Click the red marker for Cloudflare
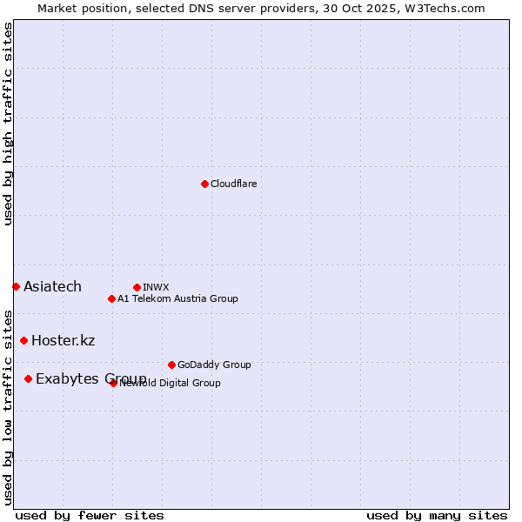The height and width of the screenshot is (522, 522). point(204,184)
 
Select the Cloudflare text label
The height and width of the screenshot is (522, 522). point(233,184)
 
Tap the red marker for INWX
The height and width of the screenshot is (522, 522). point(137,287)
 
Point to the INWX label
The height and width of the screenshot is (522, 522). point(156,288)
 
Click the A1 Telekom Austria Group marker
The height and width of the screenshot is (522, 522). point(111,298)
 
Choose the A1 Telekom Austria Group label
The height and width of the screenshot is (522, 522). point(177,299)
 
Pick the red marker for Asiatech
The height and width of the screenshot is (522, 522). point(16,286)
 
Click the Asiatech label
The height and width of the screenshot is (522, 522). point(52,287)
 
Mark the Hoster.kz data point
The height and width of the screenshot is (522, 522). point(23,340)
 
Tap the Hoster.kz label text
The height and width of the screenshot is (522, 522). point(63,341)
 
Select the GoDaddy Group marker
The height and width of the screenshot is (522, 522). point(171,365)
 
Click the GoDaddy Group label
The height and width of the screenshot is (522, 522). point(214,365)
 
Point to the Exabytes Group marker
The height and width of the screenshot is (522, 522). point(29,378)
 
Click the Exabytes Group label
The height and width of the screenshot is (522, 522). point(90,379)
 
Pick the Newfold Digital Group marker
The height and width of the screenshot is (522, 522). point(113,383)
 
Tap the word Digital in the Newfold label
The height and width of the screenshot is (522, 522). point(173,384)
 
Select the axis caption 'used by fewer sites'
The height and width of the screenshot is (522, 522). point(90,515)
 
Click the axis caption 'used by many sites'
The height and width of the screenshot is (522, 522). point(437,515)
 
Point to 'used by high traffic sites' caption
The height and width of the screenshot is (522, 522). point(8,124)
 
